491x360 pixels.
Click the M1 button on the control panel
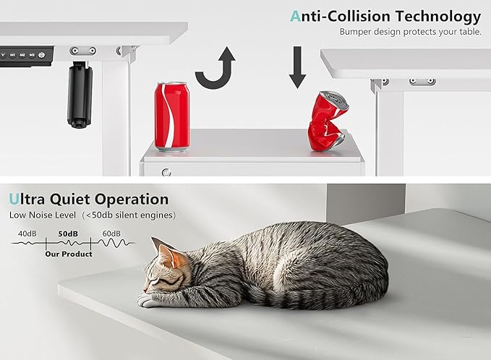(12, 55)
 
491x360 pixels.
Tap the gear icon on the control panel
(42, 55)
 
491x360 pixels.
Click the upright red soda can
(172, 117)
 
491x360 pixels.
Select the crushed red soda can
(328, 121)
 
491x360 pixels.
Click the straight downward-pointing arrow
(297, 67)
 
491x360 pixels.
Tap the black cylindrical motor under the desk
(80, 95)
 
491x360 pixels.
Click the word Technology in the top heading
(437, 17)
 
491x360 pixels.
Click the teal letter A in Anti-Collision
(295, 16)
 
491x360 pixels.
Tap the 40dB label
(27, 233)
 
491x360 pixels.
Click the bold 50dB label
(68, 233)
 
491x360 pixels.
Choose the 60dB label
(111, 233)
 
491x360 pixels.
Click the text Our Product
(69, 254)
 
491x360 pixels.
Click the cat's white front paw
(146, 301)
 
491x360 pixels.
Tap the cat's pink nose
(145, 290)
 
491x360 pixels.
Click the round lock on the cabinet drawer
(166, 172)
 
